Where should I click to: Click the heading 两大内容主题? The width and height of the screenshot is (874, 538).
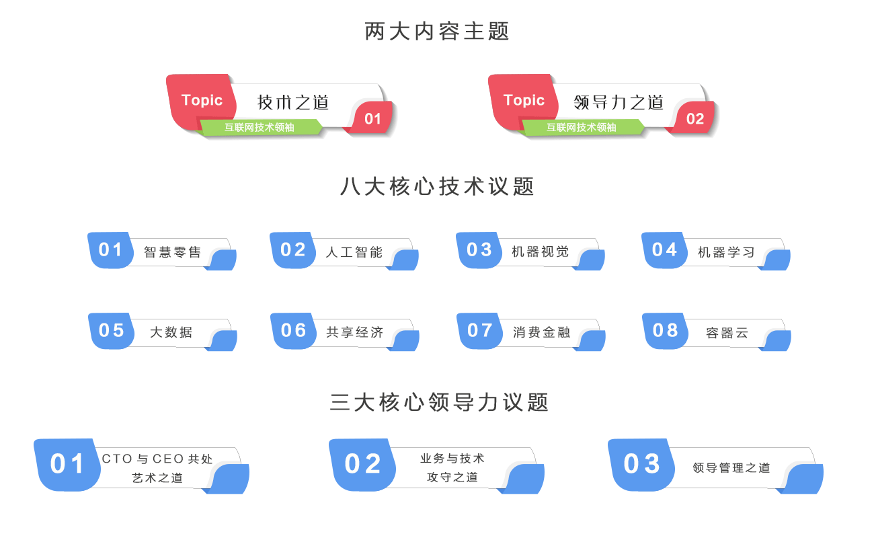437,31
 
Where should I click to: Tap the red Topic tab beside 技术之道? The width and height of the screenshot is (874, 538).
201,101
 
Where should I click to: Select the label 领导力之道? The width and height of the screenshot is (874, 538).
619,102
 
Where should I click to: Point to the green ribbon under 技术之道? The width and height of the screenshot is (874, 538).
260,127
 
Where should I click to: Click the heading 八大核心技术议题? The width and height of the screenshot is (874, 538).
437,186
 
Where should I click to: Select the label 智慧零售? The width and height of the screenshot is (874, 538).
173,252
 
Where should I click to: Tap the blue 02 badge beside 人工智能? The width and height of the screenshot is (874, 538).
292,250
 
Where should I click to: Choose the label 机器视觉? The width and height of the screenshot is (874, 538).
541,252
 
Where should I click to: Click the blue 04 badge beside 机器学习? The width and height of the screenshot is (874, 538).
664,250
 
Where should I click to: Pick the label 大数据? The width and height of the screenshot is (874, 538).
171,332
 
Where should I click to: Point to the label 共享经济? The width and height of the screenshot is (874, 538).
355,332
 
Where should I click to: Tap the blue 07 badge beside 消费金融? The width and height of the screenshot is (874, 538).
479,330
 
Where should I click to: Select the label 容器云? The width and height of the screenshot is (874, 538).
727,333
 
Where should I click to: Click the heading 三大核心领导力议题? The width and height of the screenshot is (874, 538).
439,402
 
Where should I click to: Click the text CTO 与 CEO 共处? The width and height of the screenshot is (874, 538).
157,459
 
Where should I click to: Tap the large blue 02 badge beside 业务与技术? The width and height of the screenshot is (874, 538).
362,464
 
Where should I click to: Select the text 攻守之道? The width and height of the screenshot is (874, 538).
452,477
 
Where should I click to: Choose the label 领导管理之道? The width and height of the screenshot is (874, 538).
731,468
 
